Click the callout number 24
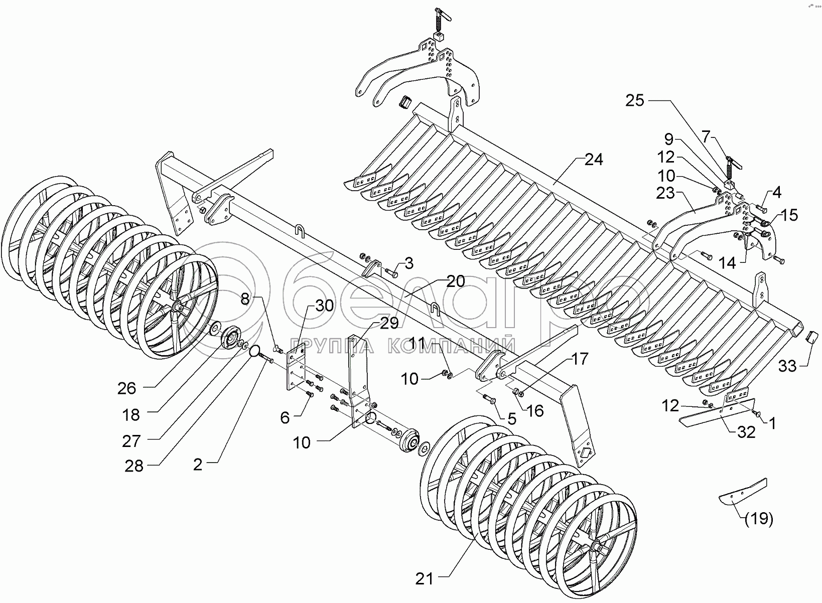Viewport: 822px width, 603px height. point(594,160)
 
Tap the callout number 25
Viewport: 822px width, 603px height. point(634,101)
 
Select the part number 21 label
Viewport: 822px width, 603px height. point(424,579)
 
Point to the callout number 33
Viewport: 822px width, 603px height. point(787,367)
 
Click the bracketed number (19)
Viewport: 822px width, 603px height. point(759,519)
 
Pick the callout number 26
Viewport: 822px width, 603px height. point(127,388)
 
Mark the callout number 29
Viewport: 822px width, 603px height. point(389,324)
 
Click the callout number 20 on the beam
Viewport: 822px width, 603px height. point(455,281)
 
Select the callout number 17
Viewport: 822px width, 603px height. point(579,359)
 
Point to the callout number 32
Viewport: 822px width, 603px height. point(747,432)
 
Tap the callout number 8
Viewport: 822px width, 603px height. point(244,299)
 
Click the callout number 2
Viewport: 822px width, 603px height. point(198,465)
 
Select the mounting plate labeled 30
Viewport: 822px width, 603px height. point(296,370)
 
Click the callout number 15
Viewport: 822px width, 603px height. point(789,215)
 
